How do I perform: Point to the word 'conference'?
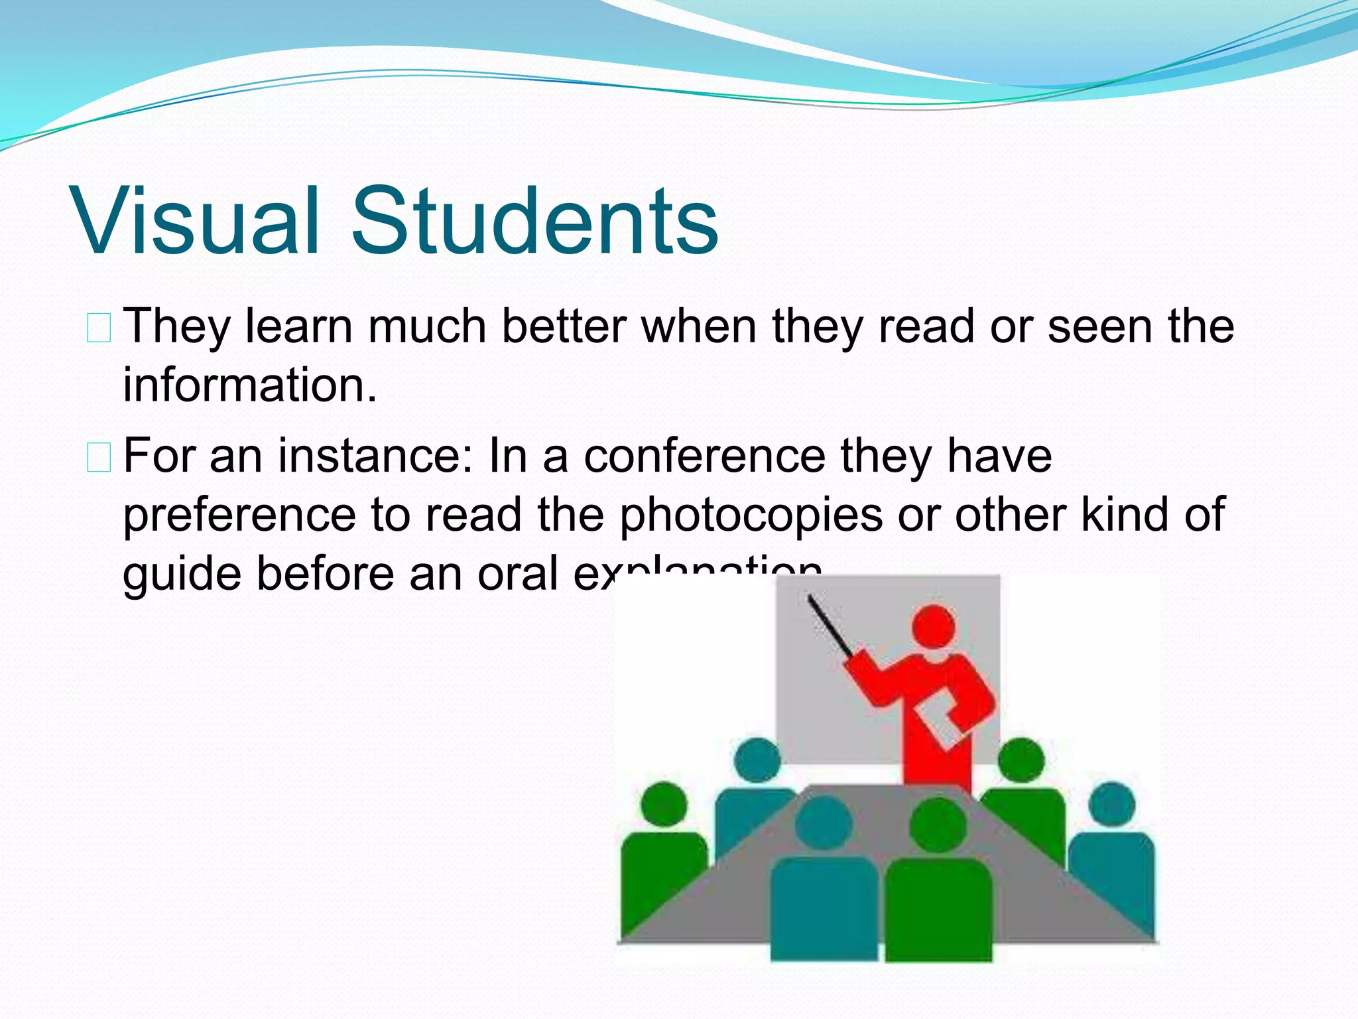(704, 456)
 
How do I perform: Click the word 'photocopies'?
(751, 515)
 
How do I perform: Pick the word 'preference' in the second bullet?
(239, 515)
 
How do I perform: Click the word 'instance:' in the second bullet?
(375, 456)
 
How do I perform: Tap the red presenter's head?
(934, 627)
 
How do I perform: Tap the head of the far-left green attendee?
(664, 804)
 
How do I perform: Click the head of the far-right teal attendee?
(1112, 804)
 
